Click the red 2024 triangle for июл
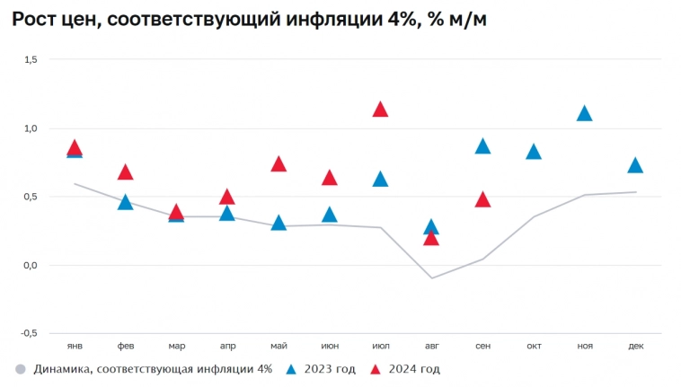coord(380,110)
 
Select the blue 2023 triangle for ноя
coord(584,113)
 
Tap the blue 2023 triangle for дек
coord(635,165)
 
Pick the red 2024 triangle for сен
coord(482,199)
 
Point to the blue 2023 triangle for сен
coord(482,146)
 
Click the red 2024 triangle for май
coord(279,164)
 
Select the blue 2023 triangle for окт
coord(534,152)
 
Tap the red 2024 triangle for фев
coord(126,172)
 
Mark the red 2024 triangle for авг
coord(431,238)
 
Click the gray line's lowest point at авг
coord(431,277)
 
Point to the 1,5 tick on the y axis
coord(30,59)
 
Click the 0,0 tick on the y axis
coord(30,265)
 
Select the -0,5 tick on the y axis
coord(29,333)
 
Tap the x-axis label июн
coord(330,345)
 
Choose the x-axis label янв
coord(75,345)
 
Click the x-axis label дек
coord(635,345)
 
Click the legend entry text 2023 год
coord(330,369)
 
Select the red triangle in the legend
coord(376,368)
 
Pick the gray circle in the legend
coord(20,369)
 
